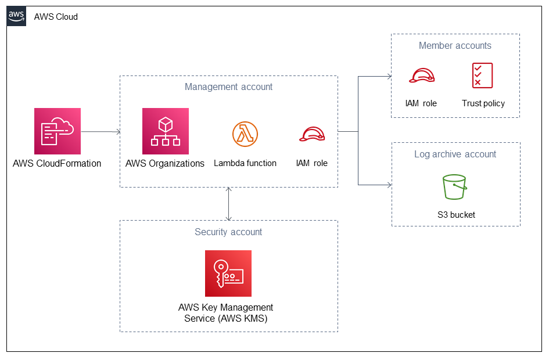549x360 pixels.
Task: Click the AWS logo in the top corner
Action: coord(16,16)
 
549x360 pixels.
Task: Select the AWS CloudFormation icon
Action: coord(58,131)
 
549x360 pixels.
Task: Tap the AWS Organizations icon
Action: coord(166,131)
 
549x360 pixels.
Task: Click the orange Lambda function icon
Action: coord(245,134)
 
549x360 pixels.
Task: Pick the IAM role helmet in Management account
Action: coord(312,134)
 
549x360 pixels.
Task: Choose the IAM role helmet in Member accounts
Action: coord(422,75)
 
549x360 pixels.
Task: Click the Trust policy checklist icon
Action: coord(482,75)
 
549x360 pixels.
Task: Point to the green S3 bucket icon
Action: coord(454,187)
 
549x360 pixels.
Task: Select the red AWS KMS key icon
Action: coord(228,273)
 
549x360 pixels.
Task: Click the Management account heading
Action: coord(229,87)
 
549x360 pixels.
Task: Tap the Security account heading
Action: coord(228,232)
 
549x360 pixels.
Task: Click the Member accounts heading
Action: coord(455,45)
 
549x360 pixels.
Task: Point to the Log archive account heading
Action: coord(455,154)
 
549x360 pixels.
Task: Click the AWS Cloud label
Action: coord(56,17)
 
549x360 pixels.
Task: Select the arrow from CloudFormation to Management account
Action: coord(101,132)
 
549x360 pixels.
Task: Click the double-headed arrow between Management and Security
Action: coord(229,204)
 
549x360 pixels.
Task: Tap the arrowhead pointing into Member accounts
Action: coord(389,76)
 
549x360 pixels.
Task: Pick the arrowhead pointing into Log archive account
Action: coord(389,185)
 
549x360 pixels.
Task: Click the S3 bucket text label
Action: coord(456,215)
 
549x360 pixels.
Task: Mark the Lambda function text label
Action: coord(245,163)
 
